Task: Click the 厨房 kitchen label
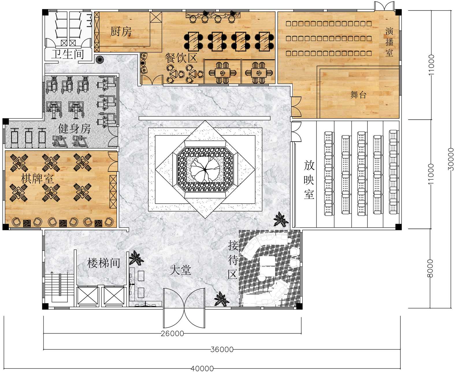tap(121, 32)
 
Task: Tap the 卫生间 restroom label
tap(68, 54)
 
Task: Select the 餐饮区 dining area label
tap(181, 58)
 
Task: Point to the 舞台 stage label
tap(358, 95)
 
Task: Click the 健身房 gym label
tap(74, 129)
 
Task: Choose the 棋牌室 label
tap(37, 178)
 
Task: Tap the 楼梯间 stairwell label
tap(103, 263)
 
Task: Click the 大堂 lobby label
tap(180, 270)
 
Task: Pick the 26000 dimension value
tap(172, 334)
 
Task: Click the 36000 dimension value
tap(222, 349)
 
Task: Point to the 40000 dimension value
tap(202, 368)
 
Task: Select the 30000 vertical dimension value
tap(451, 159)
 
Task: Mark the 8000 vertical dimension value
tap(430, 268)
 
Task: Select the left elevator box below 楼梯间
tap(87, 296)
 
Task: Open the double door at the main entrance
tap(184, 308)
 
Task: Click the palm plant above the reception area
tap(281, 219)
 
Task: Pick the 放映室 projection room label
tap(309, 180)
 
